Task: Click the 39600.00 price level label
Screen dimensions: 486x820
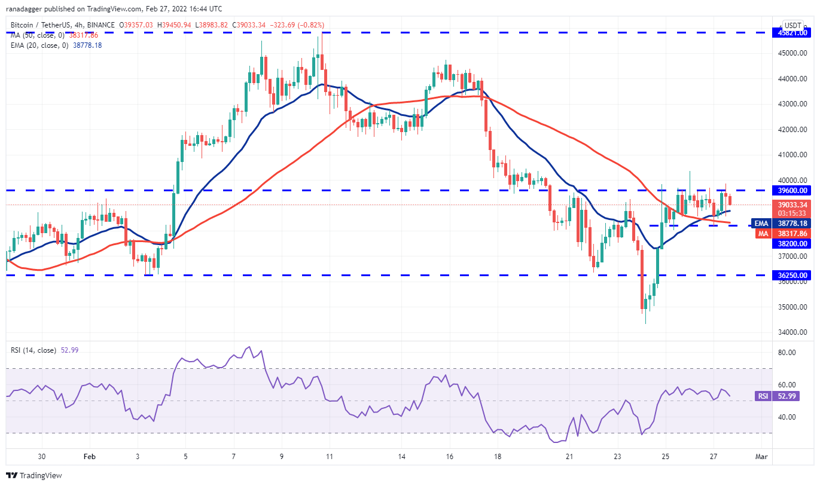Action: tap(792, 191)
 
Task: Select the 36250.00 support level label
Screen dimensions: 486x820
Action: tap(792, 276)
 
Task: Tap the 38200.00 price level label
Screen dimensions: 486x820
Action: tap(792, 244)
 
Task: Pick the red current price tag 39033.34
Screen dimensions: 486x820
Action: tap(792, 204)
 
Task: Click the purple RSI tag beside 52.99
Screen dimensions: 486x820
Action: tap(763, 396)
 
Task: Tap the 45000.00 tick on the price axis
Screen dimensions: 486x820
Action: tap(792, 53)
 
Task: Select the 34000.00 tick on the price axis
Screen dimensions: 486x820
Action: tap(792, 332)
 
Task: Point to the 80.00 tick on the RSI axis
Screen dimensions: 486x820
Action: tap(788, 353)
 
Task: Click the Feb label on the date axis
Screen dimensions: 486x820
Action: tap(89, 457)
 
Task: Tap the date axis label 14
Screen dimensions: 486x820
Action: tap(401, 457)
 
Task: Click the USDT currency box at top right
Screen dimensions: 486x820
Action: tap(792, 25)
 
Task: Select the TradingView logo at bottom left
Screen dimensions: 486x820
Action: tap(35, 476)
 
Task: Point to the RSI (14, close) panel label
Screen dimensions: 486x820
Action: tap(34, 350)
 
